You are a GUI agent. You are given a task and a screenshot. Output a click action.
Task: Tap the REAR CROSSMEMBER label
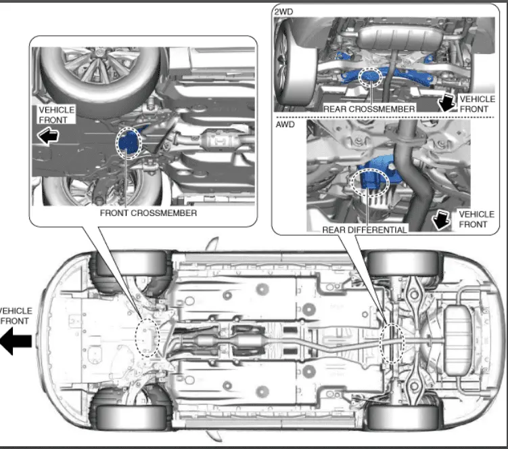click(369, 108)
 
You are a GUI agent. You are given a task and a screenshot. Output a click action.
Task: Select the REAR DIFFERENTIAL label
click(364, 230)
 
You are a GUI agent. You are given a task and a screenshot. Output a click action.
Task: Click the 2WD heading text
click(283, 12)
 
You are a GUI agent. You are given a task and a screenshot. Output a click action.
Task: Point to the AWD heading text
click(284, 125)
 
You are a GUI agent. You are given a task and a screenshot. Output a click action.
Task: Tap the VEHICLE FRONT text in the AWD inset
click(476, 219)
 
